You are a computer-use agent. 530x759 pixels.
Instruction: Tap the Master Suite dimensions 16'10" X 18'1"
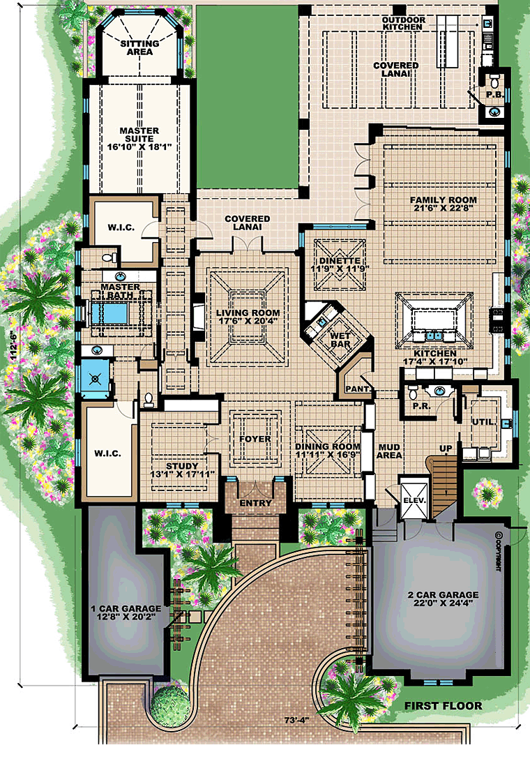click(139, 147)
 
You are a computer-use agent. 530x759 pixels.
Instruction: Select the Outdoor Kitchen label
click(402, 23)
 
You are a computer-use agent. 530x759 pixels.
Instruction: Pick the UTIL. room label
click(489, 422)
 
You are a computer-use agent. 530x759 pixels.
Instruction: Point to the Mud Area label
click(388, 451)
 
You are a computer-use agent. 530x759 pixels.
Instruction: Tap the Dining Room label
click(328, 446)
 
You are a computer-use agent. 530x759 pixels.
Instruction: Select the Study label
click(183, 466)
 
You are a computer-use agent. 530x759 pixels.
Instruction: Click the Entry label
click(254, 502)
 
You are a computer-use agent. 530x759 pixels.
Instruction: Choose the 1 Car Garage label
click(126, 608)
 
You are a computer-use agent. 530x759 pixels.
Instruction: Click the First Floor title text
click(443, 706)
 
